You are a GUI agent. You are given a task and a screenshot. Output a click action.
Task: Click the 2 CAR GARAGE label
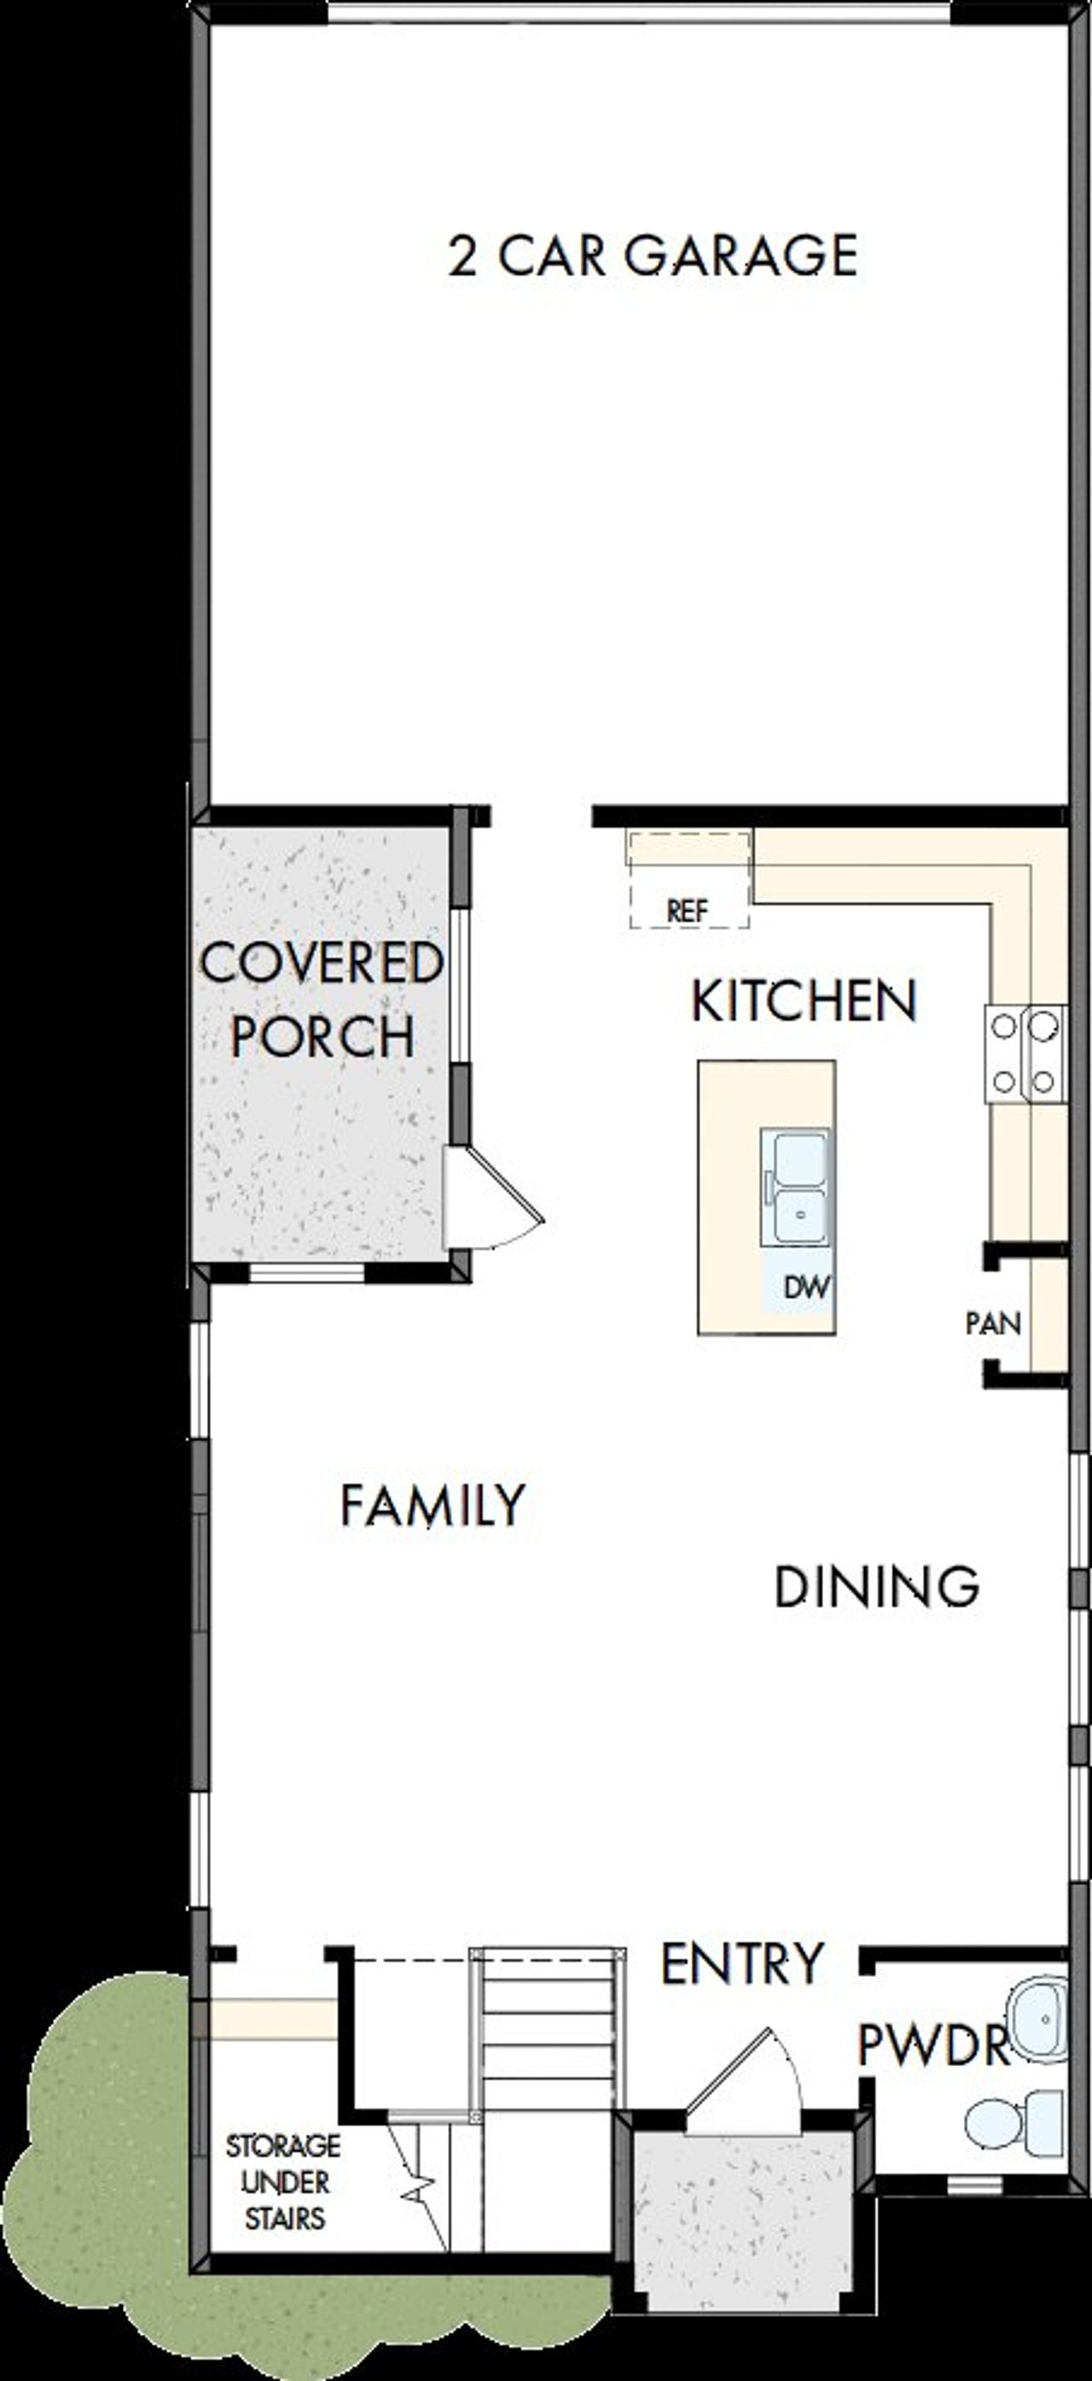(653, 256)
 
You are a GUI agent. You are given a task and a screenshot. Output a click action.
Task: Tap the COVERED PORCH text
(321, 999)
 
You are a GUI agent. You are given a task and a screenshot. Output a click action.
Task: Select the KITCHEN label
(804, 1001)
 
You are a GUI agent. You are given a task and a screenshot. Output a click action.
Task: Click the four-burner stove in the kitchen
(1025, 1053)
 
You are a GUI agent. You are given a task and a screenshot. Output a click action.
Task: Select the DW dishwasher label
(806, 1287)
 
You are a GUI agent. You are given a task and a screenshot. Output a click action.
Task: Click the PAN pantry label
(993, 1323)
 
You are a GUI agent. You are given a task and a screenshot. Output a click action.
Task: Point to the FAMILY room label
(433, 1506)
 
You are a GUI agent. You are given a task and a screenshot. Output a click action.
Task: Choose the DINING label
(876, 1587)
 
